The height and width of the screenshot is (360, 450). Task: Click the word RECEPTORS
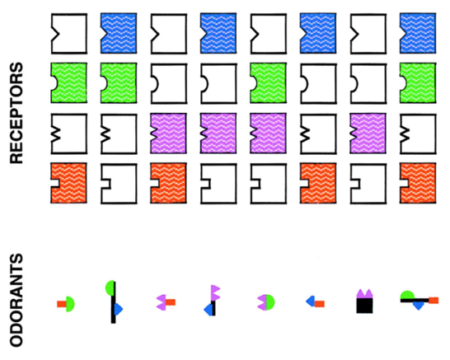pos(16,113)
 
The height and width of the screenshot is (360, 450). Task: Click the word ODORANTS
pos(16,300)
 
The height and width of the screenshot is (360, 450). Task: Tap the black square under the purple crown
pos(364,306)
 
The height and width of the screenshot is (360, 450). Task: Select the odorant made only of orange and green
pos(66,304)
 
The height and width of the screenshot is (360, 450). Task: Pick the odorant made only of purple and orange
pos(166,302)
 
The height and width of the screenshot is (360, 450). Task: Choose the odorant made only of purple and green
pos(265,302)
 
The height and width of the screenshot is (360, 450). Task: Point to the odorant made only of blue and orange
pos(315,302)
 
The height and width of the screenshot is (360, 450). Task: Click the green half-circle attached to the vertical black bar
pos(110,288)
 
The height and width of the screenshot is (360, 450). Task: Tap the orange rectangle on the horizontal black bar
pos(434,301)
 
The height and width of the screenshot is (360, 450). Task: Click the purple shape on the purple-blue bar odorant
pos(215,292)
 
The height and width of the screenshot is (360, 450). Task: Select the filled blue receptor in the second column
pos(119,33)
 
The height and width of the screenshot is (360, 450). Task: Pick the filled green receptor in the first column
pos(69,83)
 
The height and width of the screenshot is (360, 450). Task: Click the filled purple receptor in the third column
pos(168,133)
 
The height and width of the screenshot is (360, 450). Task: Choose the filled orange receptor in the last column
pos(418,184)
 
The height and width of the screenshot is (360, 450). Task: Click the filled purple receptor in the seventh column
pos(368,133)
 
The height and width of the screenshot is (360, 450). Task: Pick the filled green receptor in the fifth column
pos(268,83)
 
